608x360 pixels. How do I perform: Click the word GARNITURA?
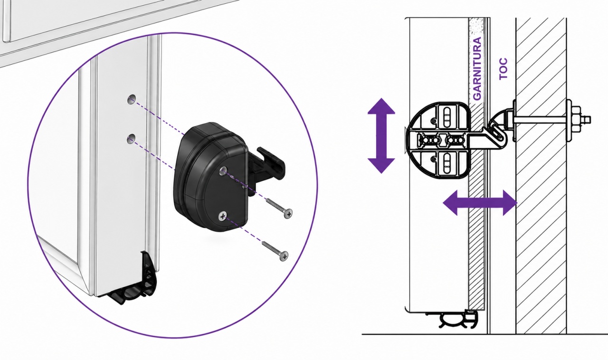point(477,68)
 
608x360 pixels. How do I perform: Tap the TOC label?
point(503,69)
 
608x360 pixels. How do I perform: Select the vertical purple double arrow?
point(381,136)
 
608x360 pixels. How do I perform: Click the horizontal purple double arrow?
point(480,203)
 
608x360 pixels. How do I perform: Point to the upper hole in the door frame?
point(132,99)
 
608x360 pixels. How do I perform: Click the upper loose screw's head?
point(288,213)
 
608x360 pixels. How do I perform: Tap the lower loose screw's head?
point(284,256)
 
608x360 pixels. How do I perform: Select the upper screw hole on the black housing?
point(223,171)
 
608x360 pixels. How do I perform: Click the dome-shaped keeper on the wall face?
point(502,120)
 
